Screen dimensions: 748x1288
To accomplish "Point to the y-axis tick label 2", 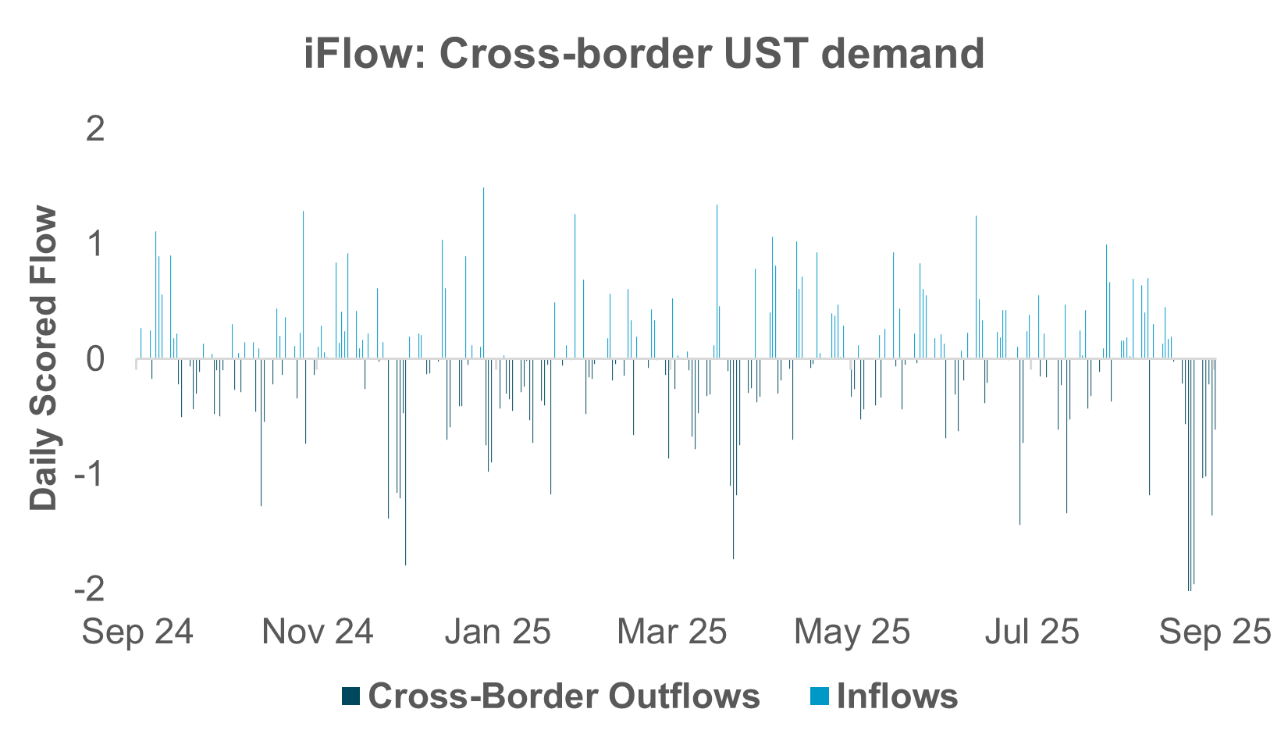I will click(x=95, y=129).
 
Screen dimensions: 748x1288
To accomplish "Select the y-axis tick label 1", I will click(x=95, y=244).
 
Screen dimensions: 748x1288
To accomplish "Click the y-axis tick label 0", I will click(x=95, y=359).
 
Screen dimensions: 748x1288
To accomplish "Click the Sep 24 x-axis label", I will click(x=137, y=632).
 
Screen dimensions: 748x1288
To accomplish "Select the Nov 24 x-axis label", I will click(x=318, y=632).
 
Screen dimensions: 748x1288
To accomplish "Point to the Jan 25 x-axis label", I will click(x=498, y=632).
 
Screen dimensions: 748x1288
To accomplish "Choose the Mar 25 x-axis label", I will click(x=672, y=632).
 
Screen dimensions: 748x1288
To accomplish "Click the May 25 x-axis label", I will click(x=852, y=632).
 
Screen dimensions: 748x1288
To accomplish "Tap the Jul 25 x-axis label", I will click(x=1032, y=632).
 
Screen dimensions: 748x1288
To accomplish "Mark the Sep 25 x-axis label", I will click(x=1215, y=632).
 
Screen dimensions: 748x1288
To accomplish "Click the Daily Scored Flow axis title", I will click(x=44, y=358).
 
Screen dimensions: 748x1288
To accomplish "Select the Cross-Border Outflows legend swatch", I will click(x=351, y=696).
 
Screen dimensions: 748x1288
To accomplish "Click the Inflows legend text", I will click(x=897, y=696).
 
